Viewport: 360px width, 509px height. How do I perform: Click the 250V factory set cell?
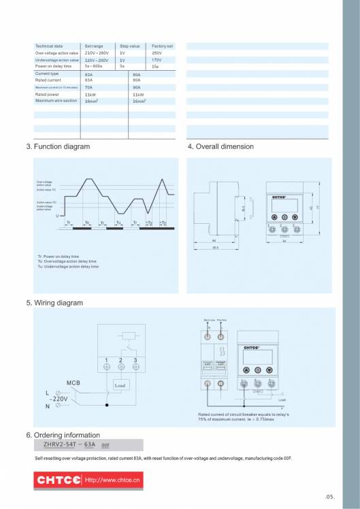coord(157,53)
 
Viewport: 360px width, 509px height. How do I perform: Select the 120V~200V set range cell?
coord(97,60)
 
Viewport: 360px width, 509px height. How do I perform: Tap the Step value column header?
coord(129,46)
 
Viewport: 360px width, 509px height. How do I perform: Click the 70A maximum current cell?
coord(89,88)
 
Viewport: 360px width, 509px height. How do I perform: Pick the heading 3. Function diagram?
coord(57,146)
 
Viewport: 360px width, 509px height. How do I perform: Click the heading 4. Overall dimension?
coord(220,146)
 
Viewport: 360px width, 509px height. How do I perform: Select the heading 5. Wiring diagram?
coord(54,303)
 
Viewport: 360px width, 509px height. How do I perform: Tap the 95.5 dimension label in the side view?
coord(215,247)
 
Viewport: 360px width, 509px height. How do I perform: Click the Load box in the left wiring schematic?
coord(120,385)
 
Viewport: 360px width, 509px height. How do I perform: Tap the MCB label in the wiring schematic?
coord(74,383)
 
